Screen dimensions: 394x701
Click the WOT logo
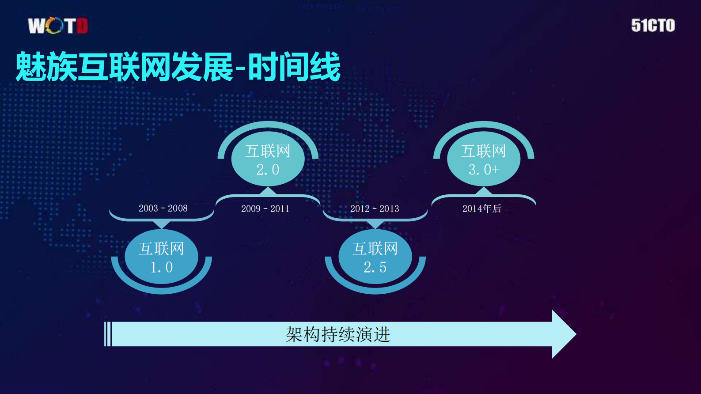[58, 26]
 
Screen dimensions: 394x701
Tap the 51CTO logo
[653, 26]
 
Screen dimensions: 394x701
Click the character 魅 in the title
[31, 67]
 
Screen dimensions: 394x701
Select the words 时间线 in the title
[294, 67]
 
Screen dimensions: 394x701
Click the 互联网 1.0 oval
[161, 257]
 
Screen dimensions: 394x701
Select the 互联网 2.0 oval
[268, 159]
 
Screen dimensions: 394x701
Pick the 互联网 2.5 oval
[375, 257]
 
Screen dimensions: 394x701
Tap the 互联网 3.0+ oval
[484, 159]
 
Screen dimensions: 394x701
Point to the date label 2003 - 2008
[163, 208]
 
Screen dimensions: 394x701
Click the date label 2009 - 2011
[265, 208]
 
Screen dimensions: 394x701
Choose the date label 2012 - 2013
[375, 208]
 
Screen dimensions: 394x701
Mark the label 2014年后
[481, 208]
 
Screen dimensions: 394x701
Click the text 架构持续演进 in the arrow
[338, 334]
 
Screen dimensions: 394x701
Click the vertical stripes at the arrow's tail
[108, 334]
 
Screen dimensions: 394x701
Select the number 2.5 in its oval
[375, 267]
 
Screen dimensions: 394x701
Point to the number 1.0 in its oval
[161, 267]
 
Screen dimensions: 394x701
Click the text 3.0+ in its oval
[484, 170]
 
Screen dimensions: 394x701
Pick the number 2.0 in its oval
[268, 170]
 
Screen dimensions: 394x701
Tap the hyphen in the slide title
[240, 69]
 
